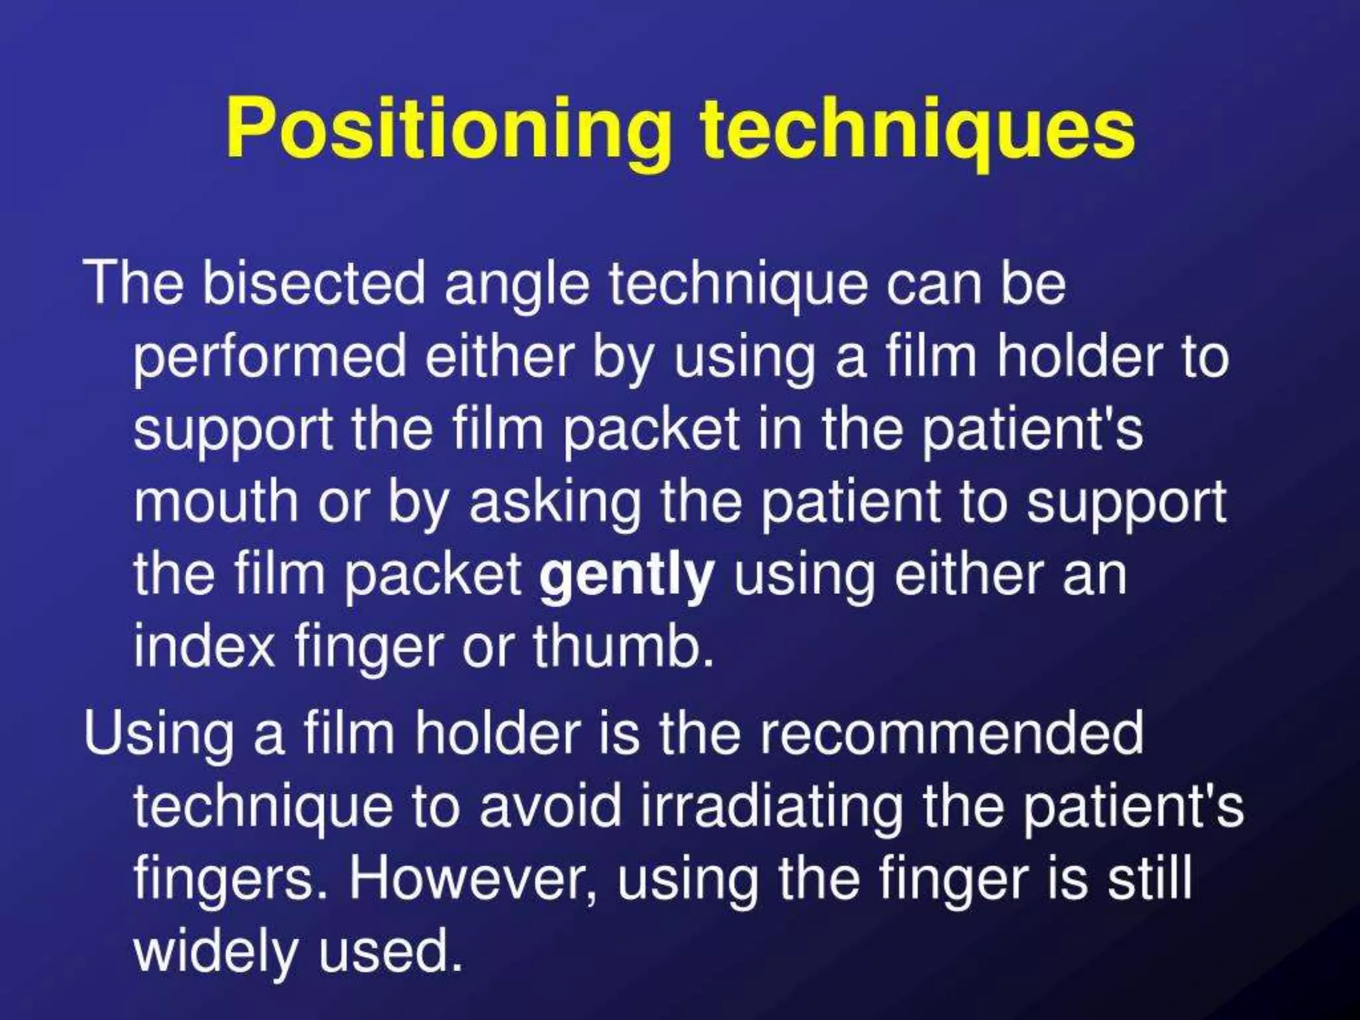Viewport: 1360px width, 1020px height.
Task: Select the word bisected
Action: click(x=313, y=283)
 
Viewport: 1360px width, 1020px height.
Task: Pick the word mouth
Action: click(x=216, y=502)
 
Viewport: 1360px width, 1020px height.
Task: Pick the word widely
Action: click(x=216, y=952)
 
